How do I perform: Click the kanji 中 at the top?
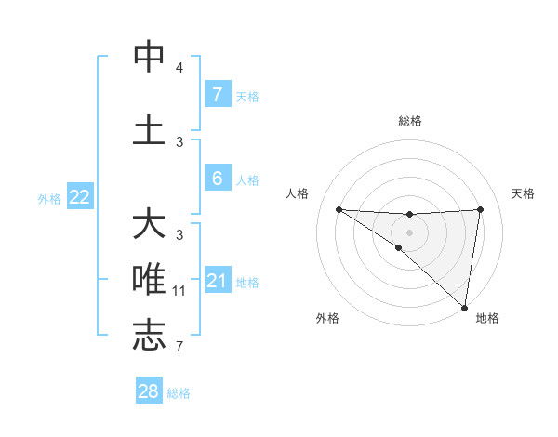pos(149,58)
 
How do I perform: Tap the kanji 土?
pos(149,129)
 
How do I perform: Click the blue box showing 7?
pos(217,94)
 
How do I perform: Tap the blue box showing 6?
pos(217,179)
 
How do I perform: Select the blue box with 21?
pos(218,281)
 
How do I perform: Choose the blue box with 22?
pos(80,196)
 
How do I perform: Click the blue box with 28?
pos(149,391)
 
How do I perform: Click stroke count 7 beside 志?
pos(179,347)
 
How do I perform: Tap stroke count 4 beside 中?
pos(179,68)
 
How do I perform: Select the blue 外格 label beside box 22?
pos(48,198)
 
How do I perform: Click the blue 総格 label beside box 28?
pos(179,393)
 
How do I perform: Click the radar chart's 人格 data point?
pos(339,209)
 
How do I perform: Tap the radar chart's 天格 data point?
pos(481,209)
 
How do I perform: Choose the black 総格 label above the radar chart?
pos(409,121)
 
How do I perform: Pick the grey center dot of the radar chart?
pos(409,231)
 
